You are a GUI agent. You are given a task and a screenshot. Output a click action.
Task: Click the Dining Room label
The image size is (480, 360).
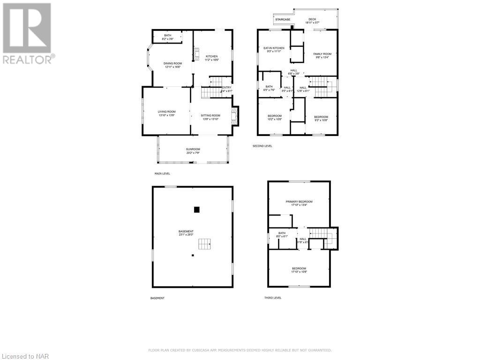point(172,65)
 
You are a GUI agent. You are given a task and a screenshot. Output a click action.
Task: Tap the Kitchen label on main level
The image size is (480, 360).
point(212,58)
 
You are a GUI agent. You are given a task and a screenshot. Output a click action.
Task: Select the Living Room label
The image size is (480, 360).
point(166,113)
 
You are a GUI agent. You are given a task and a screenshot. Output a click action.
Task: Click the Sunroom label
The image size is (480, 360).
point(193,151)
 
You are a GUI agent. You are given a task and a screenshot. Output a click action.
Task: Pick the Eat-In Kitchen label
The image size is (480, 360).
point(274,50)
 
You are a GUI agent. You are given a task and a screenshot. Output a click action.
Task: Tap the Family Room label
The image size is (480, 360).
point(322,56)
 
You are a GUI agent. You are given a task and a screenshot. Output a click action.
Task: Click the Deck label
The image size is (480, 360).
point(312,21)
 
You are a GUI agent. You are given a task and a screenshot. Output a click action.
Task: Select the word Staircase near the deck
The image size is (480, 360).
point(283,20)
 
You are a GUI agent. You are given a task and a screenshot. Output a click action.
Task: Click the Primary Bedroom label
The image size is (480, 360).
point(299,203)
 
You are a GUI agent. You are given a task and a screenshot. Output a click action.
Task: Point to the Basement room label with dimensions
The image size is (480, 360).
point(186,233)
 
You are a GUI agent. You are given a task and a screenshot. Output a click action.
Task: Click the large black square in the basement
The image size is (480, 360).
point(197,210)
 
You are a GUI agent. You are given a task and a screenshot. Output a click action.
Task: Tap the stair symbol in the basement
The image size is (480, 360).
point(204,244)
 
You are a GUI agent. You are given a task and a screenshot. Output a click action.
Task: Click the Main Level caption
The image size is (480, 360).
point(162,173)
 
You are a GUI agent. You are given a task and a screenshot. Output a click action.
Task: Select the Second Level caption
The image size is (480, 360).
point(262,146)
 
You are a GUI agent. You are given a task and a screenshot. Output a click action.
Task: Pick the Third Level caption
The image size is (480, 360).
point(272,298)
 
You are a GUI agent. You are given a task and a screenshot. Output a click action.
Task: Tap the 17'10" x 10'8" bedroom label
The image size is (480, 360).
point(299,270)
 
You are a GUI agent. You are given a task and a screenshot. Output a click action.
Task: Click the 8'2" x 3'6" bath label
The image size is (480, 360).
point(167,37)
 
